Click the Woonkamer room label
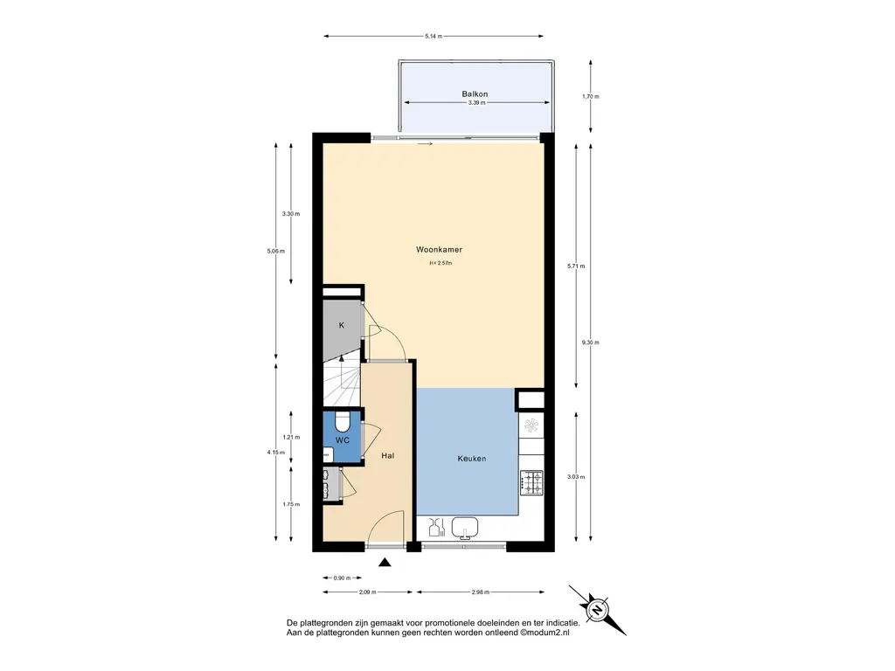point(439,249)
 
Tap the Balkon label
point(475,94)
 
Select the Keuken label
point(472,458)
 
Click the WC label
point(343,440)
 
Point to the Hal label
point(387,455)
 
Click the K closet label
point(342,325)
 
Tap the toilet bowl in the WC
point(343,422)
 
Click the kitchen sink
point(465,528)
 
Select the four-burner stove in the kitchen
point(531,482)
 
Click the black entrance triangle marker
point(385,563)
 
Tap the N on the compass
point(597,610)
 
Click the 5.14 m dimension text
point(434,36)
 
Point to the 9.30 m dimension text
point(590,342)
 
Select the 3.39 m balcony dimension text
point(476,103)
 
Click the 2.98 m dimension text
point(481,592)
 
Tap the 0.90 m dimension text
point(342,578)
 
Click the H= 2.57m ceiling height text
point(441,263)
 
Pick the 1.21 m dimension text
point(291,437)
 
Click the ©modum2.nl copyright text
point(545,633)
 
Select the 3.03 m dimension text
point(576,476)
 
